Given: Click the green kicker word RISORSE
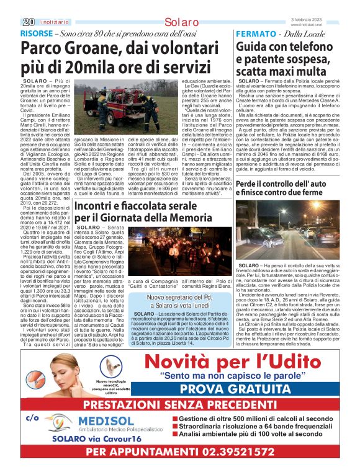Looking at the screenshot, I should point(37,33).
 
